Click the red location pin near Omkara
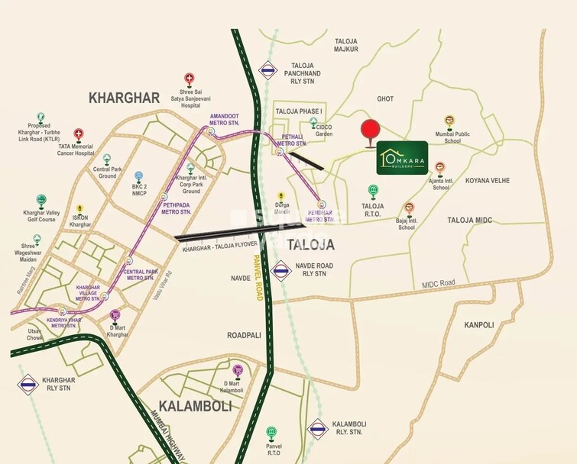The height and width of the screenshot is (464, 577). (370, 131)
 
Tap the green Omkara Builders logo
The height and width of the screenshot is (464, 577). (404, 156)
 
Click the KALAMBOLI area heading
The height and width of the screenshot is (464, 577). (194, 406)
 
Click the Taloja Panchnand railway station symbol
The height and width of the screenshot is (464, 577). (267, 70)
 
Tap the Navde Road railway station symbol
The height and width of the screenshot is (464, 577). (281, 269)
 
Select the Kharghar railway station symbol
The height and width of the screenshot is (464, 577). (28, 385)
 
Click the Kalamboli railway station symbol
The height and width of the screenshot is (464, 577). (317, 429)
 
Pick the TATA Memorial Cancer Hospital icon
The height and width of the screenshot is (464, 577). (78, 134)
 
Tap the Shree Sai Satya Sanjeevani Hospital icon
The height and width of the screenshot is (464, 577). (189, 79)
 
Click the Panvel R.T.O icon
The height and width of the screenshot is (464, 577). (269, 433)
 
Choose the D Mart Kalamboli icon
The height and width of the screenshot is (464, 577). (238, 370)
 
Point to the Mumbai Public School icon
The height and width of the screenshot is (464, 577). (449, 121)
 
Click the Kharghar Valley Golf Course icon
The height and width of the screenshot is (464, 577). (41, 199)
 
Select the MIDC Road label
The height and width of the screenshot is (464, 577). (438, 283)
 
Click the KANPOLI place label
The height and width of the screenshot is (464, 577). (478, 324)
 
